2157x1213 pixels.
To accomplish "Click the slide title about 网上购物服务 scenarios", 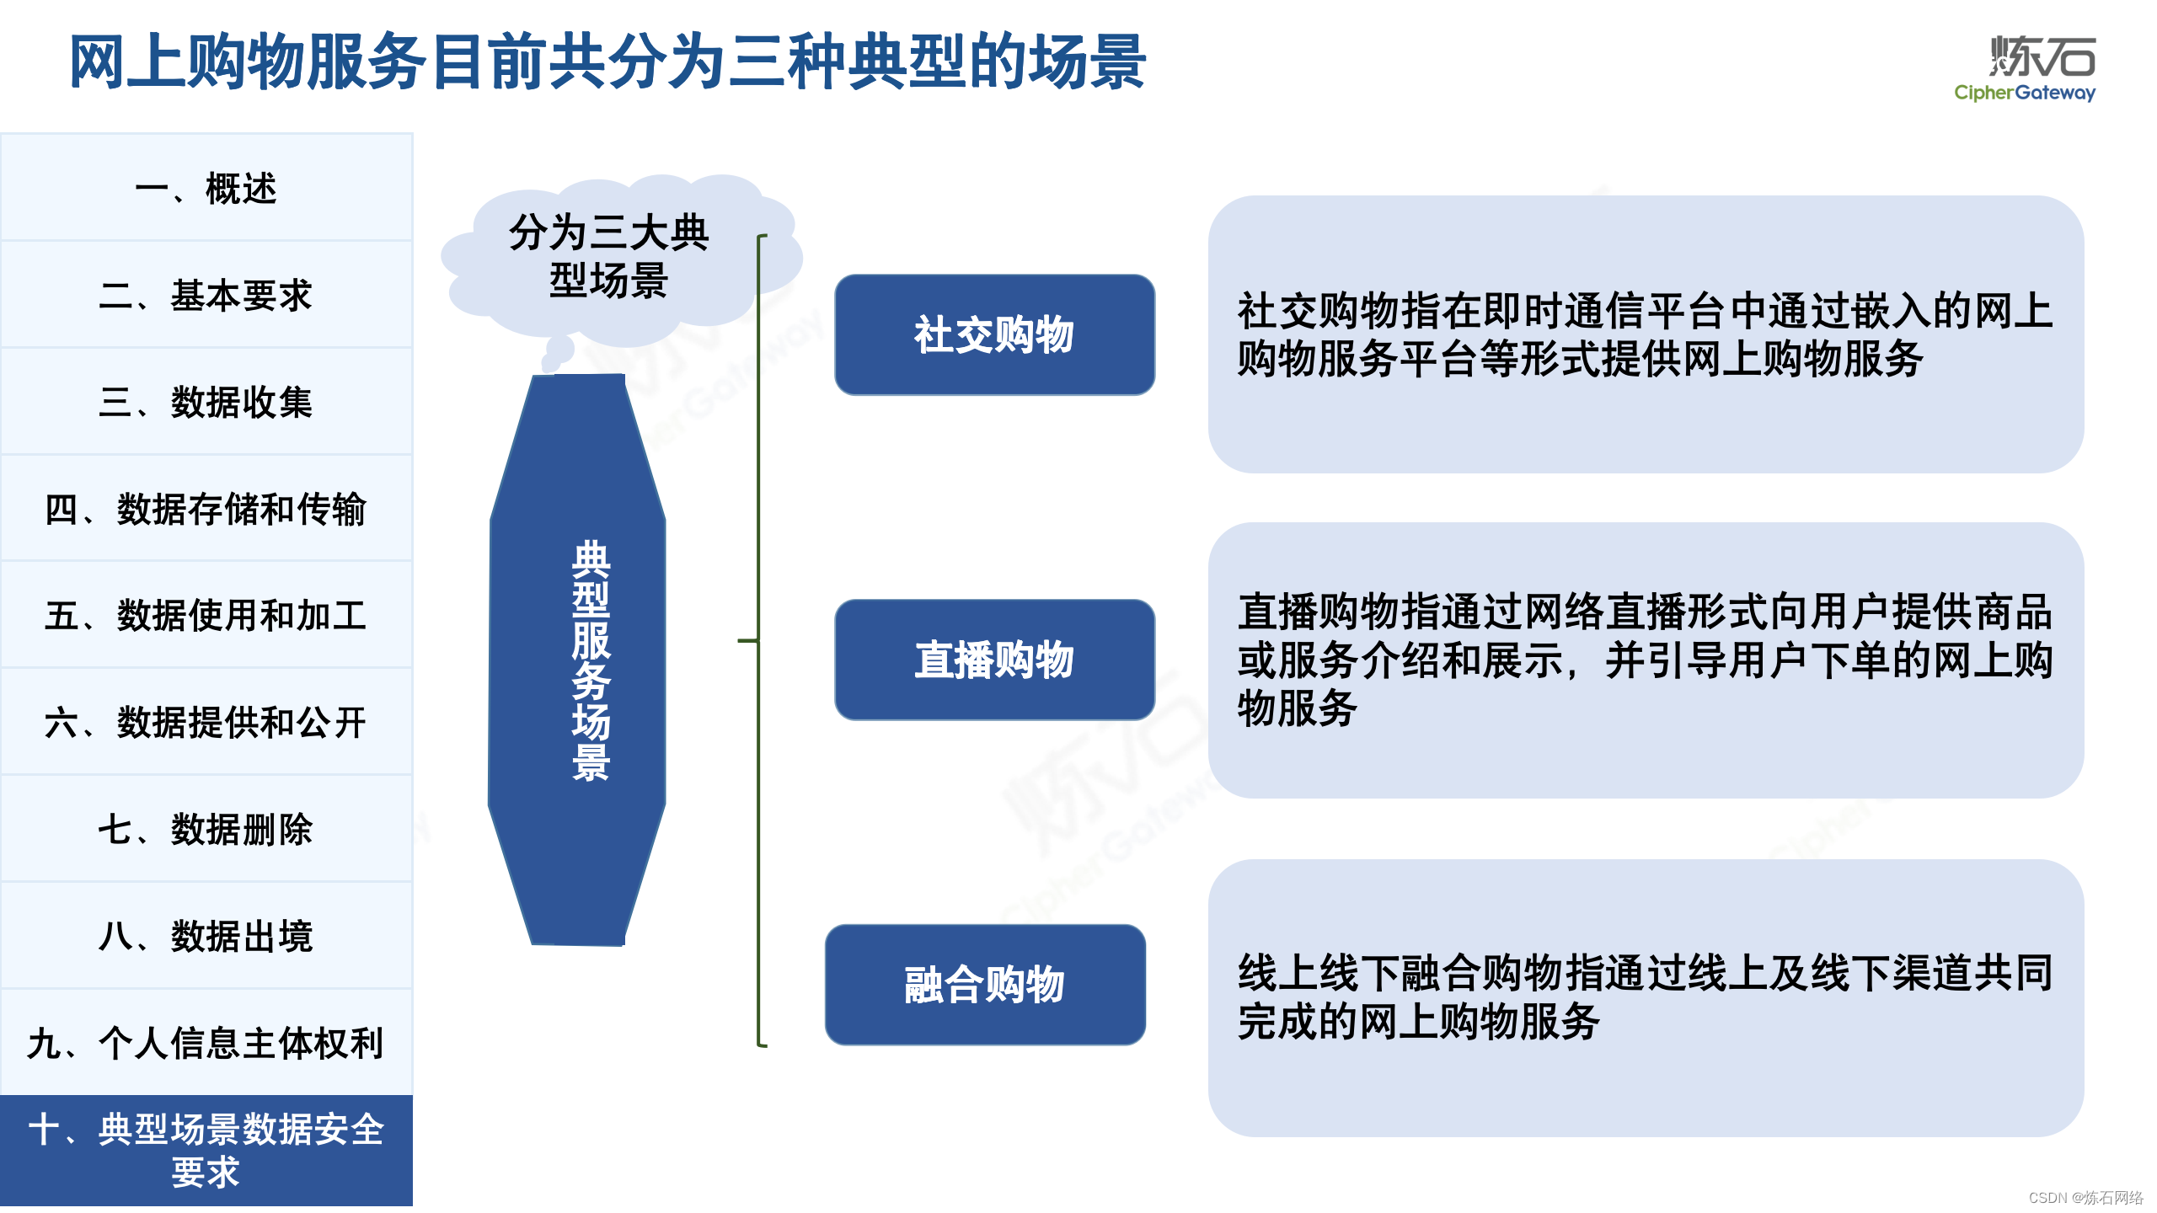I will (x=607, y=62).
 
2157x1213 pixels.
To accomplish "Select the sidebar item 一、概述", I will (x=206, y=188).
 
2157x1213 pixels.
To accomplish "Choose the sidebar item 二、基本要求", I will (x=206, y=295).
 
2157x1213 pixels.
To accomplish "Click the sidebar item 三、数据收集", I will (x=206, y=402).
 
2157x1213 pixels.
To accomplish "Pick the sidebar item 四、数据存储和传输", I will (x=206, y=509).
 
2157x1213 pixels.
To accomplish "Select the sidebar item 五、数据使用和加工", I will (x=206, y=615).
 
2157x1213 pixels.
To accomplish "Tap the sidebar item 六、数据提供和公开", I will (x=206, y=722).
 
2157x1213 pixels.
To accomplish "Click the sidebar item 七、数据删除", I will (x=206, y=829).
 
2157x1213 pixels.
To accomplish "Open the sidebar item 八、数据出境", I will (x=206, y=936).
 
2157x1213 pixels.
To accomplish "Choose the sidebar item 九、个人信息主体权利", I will (x=206, y=1043).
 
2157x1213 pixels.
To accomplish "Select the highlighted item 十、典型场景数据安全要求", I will (x=206, y=1150).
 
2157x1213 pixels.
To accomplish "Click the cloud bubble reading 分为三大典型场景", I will (x=608, y=256).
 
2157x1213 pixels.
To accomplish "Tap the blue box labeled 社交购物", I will (x=994, y=334).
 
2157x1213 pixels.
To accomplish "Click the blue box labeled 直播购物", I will (x=994, y=660).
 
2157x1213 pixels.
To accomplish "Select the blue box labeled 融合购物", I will (x=985, y=985).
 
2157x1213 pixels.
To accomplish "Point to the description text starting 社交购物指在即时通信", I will (x=1643, y=334).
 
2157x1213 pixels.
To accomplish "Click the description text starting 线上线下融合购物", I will (x=1643, y=997).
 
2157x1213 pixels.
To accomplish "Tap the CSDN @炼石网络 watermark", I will (x=2085, y=1197).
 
